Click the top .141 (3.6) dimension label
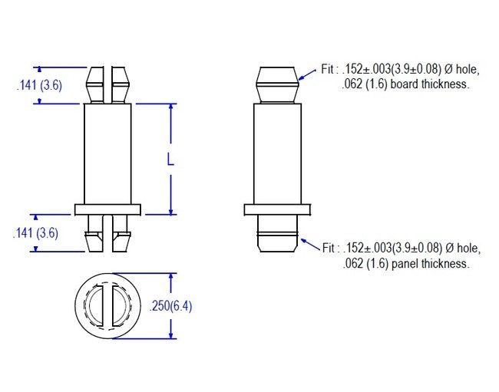[x=38, y=86]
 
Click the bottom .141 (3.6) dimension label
[x=36, y=234]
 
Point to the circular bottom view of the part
[x=107, y=305]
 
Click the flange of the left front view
[x=107, y=208]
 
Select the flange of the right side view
[x=277, y=208]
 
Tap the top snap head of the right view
[x=277, y=84]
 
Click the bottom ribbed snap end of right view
[x=277, y=234]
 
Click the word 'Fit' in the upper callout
[x=329, y=69]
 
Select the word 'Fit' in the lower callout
[x=329, y=248]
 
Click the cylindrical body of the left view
[x=107, y=153]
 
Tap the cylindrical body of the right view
[x=277, y=153]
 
